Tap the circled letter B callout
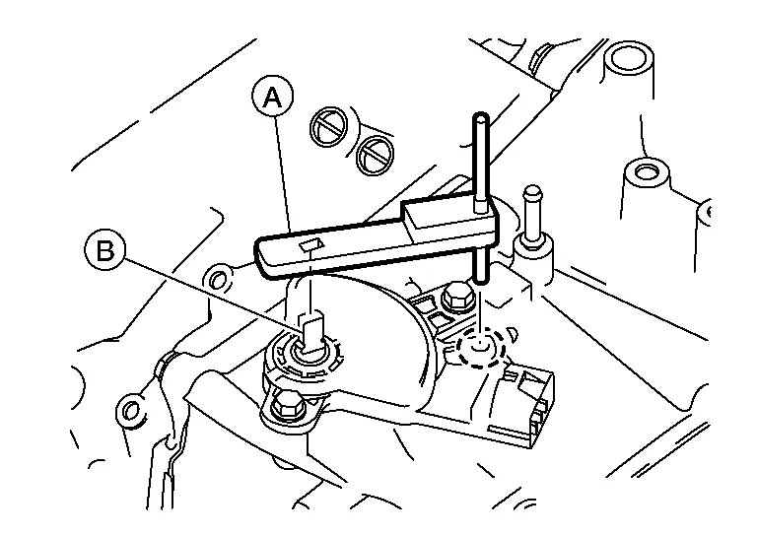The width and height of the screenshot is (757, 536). pyautogui.click(x=104, y=250)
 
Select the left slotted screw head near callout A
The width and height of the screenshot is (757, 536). pyautogui.click(x=329, y=127)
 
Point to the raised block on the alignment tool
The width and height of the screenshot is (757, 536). pyautogui.click(x=434, y=210)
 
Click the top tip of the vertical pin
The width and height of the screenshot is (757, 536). pyautogui.click(x=479, y=119)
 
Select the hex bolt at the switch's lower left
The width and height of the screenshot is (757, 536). pyautogui.click(x=288, y=403)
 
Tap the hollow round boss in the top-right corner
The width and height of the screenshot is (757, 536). pyautogui.click(x=628, y=61)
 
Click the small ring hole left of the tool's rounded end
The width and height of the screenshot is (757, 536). pyautogui.click(x=220, y=271)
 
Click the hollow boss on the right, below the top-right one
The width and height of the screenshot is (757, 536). pyautogui.click(x=646, y=175)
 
